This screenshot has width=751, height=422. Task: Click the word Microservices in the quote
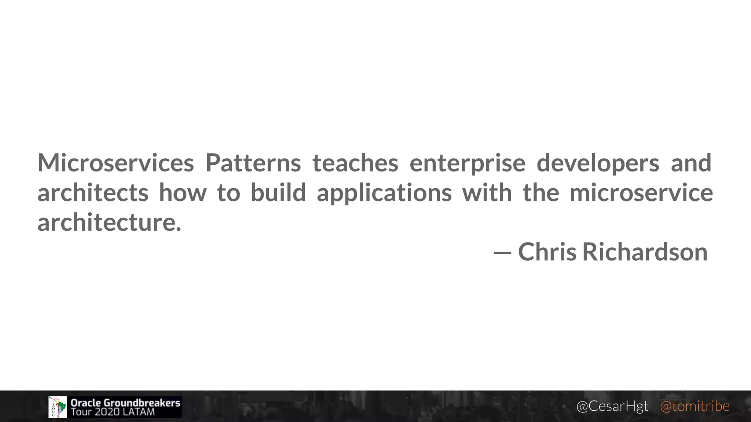[x=116, y=163]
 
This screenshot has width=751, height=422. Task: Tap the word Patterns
[x=253, y=163]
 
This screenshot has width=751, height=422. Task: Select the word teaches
[x=355, y=163]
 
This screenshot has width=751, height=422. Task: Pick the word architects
[x=93, y=193]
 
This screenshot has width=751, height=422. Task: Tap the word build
[x=278, y=193]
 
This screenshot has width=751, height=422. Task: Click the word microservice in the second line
[x=641, y=193]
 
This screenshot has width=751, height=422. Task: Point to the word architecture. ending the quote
[x=109, y=223]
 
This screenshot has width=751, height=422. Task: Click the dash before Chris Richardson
[x=502, y=253]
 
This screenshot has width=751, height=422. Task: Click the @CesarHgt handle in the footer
[x=612, y=406]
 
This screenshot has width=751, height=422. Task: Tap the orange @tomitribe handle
[x=695, y=406]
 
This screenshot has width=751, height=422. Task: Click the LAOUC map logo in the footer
[x=58, y=407]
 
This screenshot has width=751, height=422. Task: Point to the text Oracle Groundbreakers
[x=125, y=403]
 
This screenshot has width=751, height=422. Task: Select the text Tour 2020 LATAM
[x=113, y=412]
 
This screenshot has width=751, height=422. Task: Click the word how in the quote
[x=183, y=193]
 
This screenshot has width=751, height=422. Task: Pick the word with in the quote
[x=487, y=193]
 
